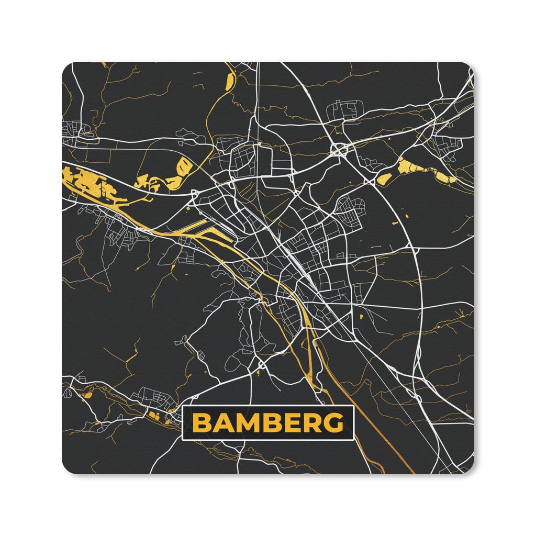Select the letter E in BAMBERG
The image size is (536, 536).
(289, 422)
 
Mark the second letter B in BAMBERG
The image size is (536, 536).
(269, 422)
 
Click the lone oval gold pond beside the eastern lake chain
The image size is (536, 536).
(384, 179)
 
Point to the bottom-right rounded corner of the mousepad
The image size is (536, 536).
(470, 469)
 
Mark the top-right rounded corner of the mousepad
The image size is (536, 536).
(470, 67)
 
